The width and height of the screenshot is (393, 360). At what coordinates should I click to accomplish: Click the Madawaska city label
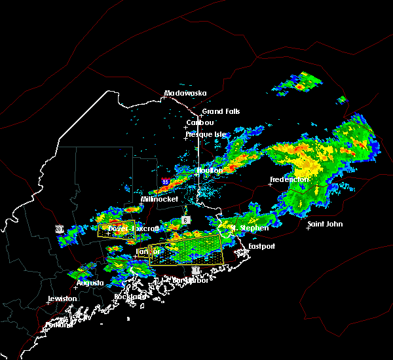[x=185, y=93]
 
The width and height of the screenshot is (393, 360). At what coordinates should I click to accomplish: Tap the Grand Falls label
[x=221, y=111]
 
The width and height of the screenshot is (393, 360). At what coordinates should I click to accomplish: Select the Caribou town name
[x=200, y=122]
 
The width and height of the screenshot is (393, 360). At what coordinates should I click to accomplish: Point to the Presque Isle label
[x=207, y=134]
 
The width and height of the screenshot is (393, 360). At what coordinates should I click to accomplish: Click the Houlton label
[x=210, y=170]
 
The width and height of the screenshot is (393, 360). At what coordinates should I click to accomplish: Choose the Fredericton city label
[x=290, y=179]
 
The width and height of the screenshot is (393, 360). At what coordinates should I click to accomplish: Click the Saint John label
[x=325, y=224]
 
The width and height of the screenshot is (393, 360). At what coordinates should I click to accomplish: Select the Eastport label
[x=263, y=246]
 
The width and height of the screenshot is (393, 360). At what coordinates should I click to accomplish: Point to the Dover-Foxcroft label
[x=134, y=229]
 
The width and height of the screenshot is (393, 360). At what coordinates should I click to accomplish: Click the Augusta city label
[x=90, y=283]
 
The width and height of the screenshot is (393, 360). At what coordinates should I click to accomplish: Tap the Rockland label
[x=130, y=297]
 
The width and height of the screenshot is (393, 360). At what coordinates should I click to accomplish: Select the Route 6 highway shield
[x=186, y=220]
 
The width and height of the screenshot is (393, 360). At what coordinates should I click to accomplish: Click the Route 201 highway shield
[x=60, y=229]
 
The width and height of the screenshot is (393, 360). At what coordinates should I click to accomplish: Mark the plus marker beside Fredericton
[x=270, y=184]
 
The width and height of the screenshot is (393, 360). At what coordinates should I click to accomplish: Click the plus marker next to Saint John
[x=308, y=228]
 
